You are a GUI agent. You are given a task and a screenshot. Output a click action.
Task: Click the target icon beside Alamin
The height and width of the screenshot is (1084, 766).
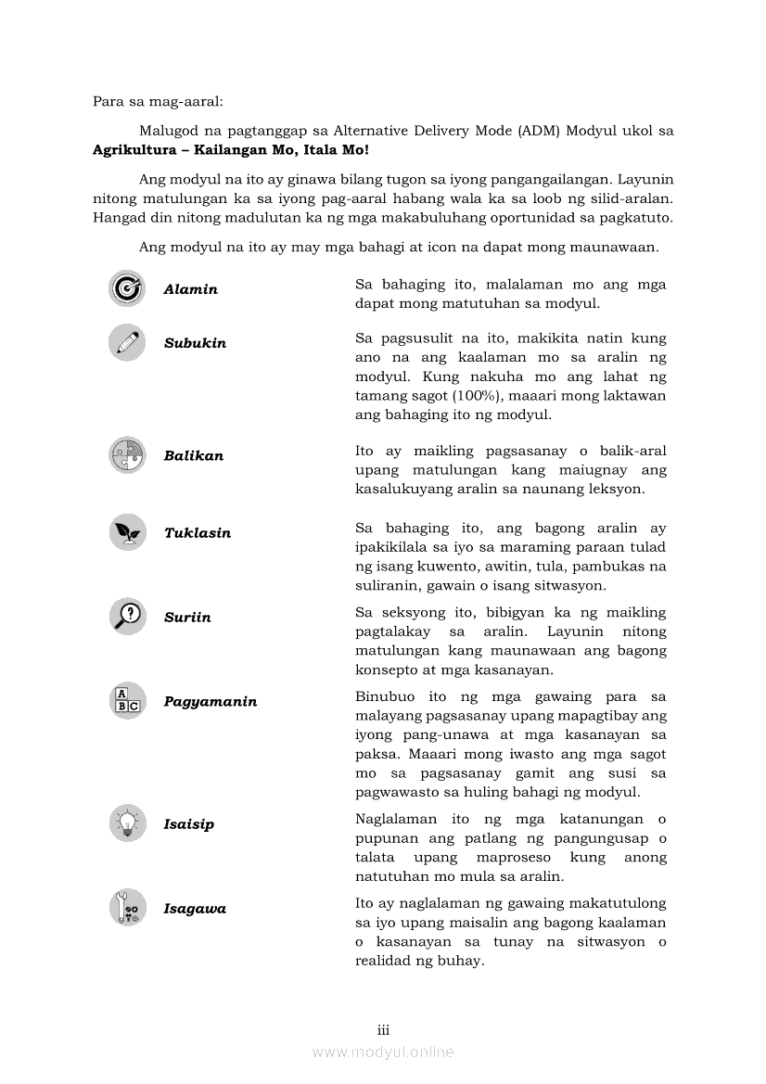(x=127, y=288)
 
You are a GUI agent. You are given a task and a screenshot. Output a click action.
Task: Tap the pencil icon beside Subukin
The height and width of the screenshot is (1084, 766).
(x=127, y=342)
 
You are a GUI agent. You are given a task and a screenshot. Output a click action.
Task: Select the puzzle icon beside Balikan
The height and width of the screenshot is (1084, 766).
(x=127, y=455)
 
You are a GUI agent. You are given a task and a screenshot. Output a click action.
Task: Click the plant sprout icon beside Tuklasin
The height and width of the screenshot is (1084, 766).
(x=127, y=532)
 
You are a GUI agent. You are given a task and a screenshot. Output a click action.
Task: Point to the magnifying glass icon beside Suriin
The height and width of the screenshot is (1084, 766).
(x=127, y=616)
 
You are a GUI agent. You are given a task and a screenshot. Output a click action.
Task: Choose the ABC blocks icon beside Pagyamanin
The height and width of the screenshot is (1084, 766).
(x=127, y=701)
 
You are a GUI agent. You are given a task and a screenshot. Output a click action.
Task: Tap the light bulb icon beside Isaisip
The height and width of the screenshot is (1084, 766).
(x=127, y=823)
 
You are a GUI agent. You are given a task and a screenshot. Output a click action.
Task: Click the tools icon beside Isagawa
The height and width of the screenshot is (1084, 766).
(x=127, y=908)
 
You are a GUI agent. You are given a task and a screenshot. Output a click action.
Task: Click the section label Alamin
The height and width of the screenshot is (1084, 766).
(x=190, y=289)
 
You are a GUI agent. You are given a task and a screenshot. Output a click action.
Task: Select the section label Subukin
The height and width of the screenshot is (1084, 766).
(x=195, y=343)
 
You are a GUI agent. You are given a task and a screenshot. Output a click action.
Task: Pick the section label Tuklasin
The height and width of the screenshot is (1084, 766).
(x=198, y=533)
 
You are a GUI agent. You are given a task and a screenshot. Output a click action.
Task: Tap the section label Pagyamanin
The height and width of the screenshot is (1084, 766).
(x=211, y=702)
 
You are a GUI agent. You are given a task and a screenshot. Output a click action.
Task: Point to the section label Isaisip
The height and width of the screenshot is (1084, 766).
(x=188, y=824)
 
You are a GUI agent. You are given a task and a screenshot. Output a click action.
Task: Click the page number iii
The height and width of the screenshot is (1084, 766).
(x=383, y=1030)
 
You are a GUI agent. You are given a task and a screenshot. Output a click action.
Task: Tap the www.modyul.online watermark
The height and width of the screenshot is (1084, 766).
(x=383, y=1052)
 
